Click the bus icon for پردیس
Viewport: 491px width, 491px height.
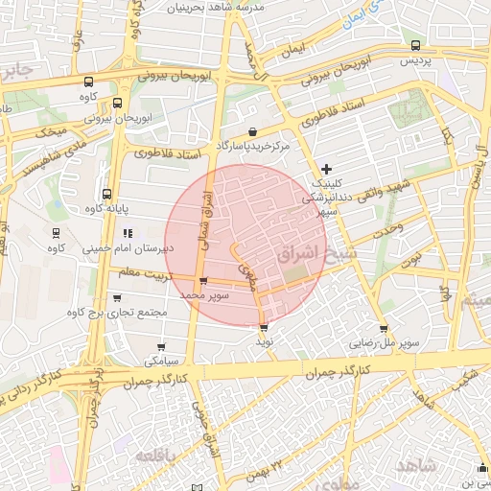pos(414,45)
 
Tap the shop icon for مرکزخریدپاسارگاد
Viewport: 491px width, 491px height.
pos(252,131)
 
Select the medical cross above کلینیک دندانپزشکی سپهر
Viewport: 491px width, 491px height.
pos(326,169)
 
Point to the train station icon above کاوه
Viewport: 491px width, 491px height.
pos(56,232)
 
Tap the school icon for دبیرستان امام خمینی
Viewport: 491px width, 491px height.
pos(127,232)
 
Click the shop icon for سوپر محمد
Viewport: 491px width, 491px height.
pos(202,281)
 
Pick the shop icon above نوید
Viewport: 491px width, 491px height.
pos(264,328)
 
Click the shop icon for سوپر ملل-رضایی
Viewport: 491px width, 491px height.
pos(384,328)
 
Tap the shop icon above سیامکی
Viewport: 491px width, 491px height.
pos(160,348)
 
